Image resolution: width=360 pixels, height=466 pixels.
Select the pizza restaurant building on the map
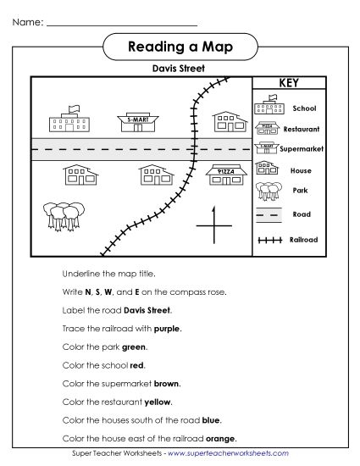coord(226,175)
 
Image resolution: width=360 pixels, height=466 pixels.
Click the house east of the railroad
coord(226,122)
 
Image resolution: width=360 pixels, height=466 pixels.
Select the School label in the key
coord(304,108)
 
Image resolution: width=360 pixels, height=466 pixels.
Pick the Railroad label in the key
coord(303,240)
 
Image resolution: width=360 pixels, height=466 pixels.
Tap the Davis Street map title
coord(178,69)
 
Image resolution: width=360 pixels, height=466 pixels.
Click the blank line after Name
coord(123,23)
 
